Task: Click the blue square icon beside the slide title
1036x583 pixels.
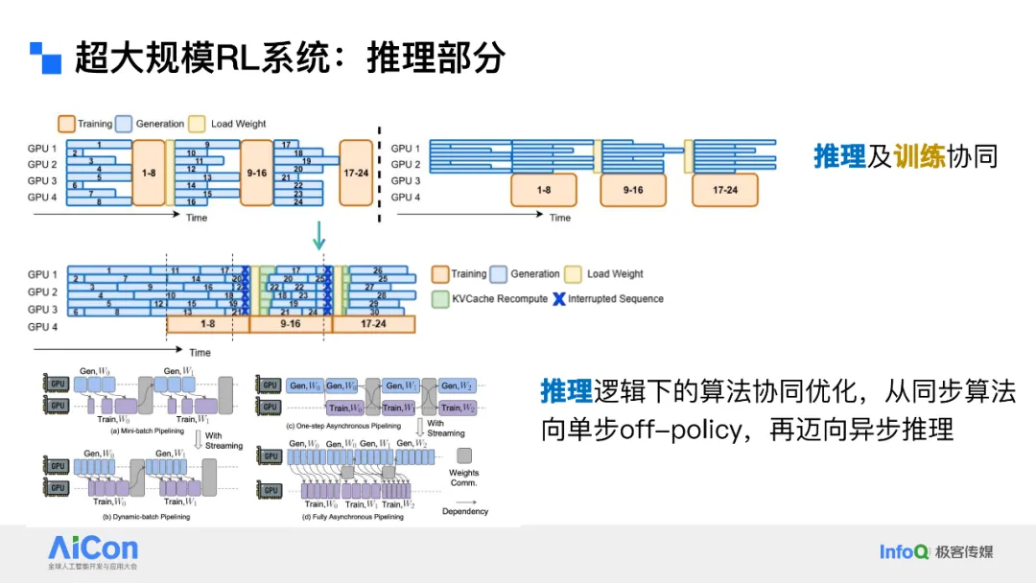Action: (x=45, y=58)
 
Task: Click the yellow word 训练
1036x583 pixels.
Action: (x=920, y=156)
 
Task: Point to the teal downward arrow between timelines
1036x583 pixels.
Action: (x=319, y=235)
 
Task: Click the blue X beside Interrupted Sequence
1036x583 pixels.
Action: (x=558, y=299)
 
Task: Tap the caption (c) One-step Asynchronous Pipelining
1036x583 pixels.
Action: (x=344, y=425)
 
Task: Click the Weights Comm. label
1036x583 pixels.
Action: (x=464, y=478)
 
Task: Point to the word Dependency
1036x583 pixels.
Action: (x=465, y=511)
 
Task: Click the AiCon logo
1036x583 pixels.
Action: (x=93, y=549)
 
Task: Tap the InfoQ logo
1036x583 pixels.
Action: (x=904, y=551)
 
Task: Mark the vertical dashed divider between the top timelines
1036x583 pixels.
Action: (x=379, y=173)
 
